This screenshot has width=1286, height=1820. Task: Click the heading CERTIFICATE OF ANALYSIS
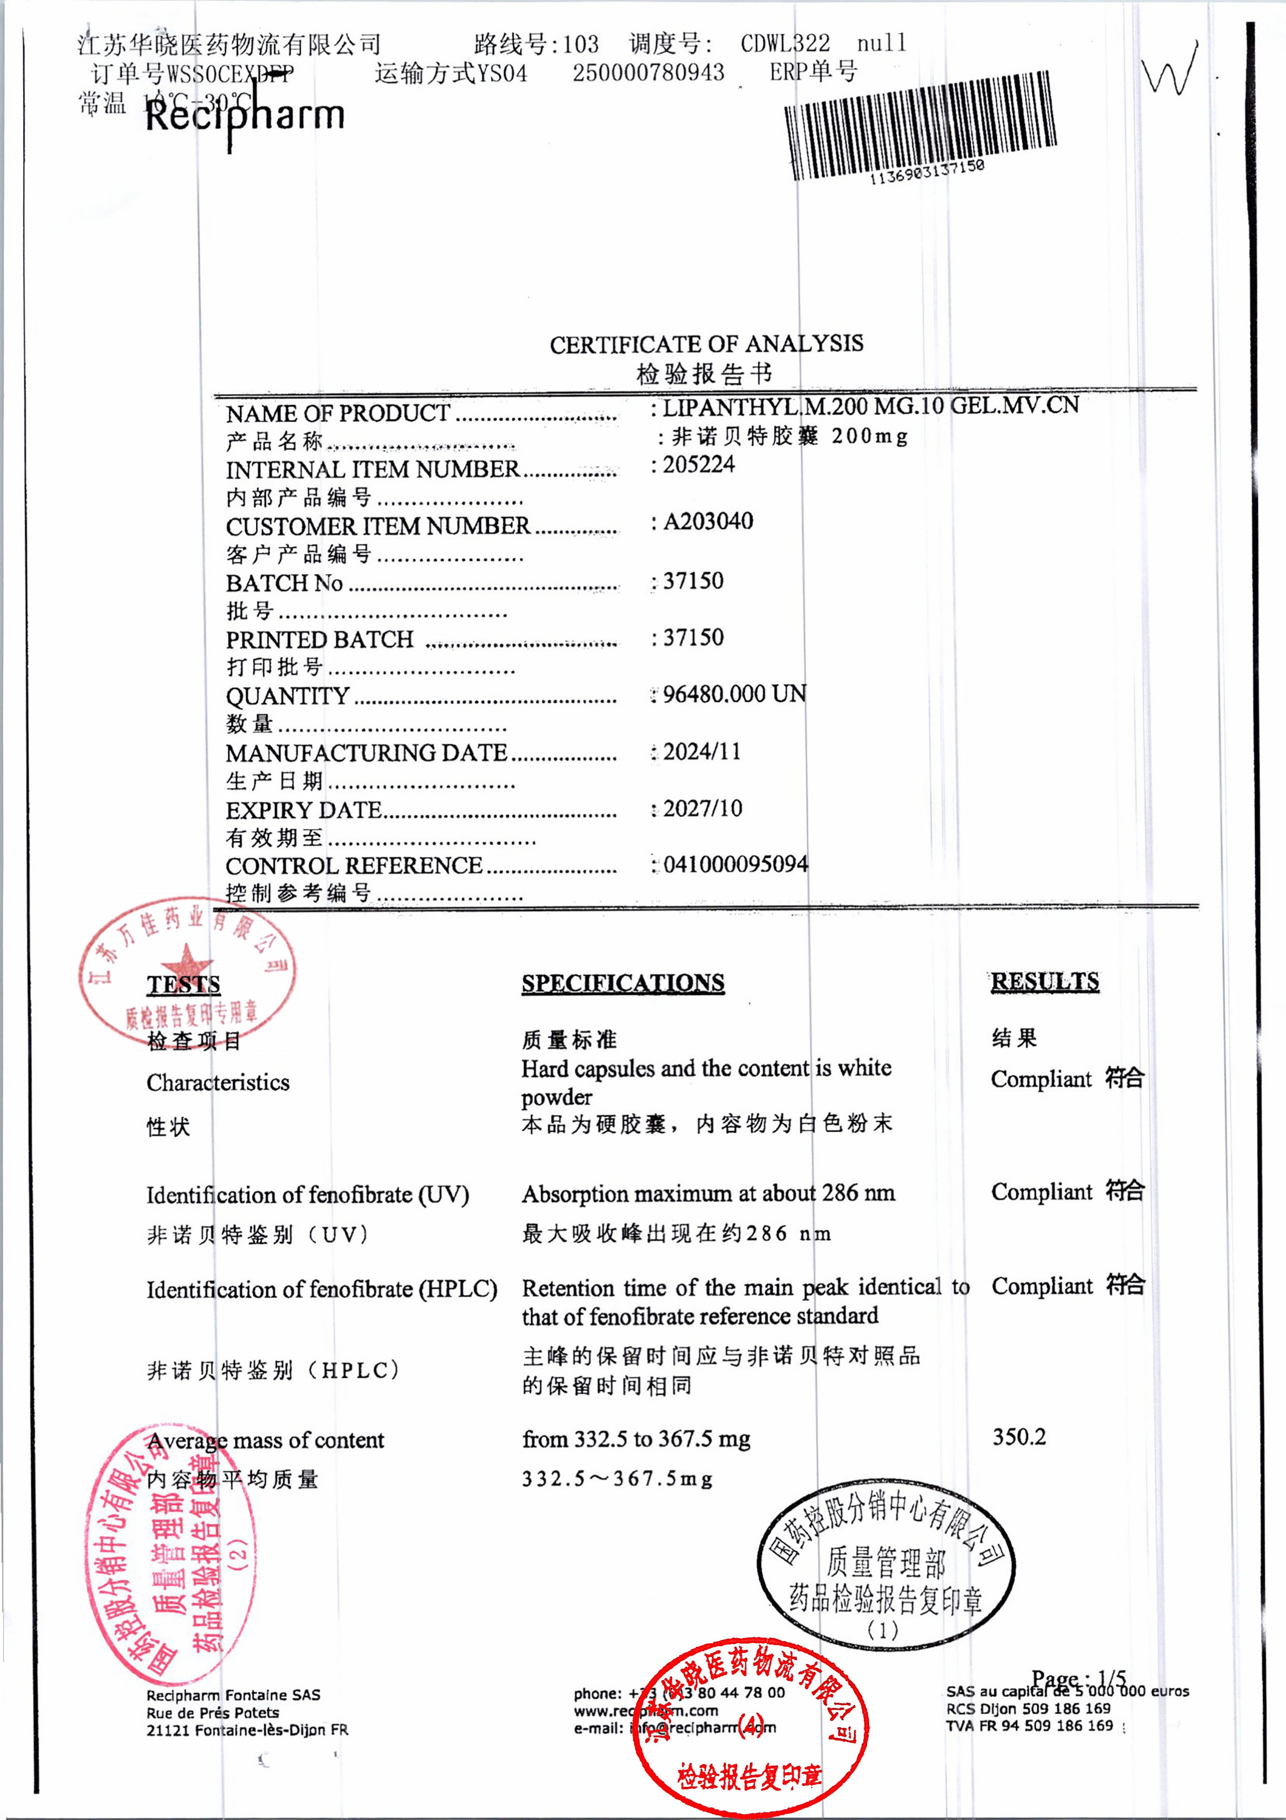coord(706,344)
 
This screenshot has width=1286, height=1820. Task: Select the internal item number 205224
coord(699,465)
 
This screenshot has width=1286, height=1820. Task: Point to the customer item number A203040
coord(708,522)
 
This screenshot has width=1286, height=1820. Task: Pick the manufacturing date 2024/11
coord(702,752)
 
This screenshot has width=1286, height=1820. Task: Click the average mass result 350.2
coord(1019,1436)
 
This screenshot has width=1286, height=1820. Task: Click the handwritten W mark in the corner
coord(1169,70)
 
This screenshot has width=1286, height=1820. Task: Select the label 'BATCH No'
coord(284,583)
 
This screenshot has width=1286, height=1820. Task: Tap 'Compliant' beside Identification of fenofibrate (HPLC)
coord(1041,1286)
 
